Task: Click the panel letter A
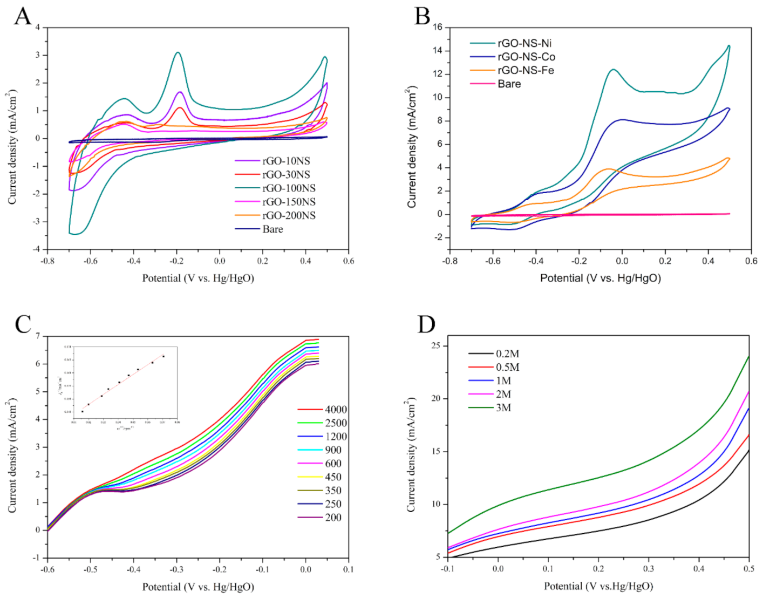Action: [x=22, y=16]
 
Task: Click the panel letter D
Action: [x=426, y=325]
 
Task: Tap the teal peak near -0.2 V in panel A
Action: [x=178, y=52]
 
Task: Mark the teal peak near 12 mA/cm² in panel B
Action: [x=613, y=69]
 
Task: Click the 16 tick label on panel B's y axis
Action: [x=437, y=27]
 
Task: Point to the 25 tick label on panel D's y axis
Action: [x=437, y=345]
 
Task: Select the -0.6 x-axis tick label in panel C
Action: [x=47, y=569]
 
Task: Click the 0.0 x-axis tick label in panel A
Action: [x=220, y=261]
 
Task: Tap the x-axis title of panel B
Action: [x=600, y=278]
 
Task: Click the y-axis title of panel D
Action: [x=412, y=454]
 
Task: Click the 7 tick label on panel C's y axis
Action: [x=38, y=336]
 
